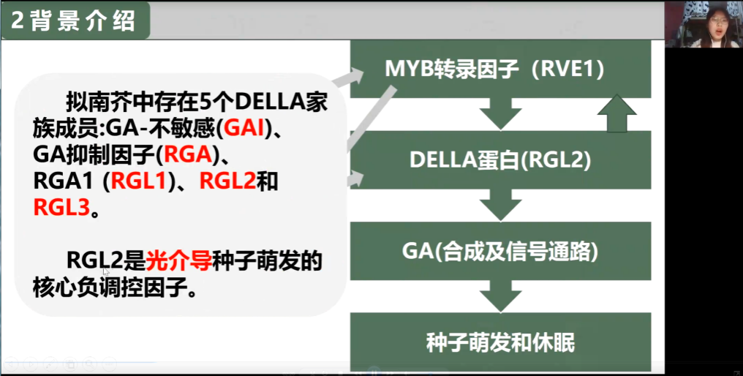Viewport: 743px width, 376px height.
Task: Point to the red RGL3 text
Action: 61,208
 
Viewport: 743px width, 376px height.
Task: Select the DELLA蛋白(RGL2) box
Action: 500,160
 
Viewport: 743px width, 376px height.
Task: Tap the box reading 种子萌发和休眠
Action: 500,342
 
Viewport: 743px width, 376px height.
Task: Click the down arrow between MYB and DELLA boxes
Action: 500,114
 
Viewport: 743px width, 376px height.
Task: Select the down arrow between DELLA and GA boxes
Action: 500,205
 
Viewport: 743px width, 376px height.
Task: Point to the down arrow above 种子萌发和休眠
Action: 500,296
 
